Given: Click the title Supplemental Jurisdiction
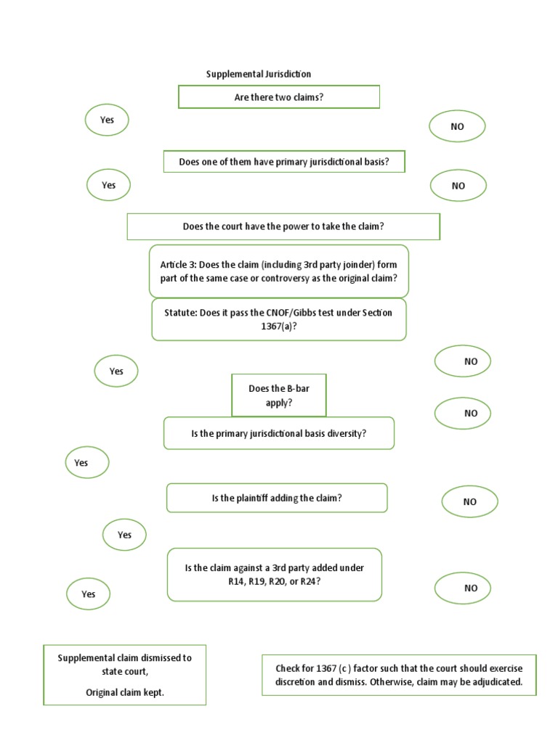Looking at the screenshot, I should [259, 74].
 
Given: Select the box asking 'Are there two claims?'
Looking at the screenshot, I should [279, 97].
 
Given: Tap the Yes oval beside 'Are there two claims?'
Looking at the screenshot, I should [107, 120].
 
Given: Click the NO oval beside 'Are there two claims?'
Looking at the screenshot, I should [457, 126].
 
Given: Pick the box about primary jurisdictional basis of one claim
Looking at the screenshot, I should [283, 162].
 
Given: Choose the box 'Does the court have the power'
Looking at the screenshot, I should [283, 226].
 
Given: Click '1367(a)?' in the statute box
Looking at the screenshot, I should [279, 326].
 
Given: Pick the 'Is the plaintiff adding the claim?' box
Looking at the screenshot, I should [277, 498].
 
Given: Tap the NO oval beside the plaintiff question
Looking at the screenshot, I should [470, 501].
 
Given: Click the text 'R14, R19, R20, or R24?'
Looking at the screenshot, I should [274, 581].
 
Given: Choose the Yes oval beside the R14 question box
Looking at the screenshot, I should [88, 594].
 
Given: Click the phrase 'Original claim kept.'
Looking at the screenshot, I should [125, 692].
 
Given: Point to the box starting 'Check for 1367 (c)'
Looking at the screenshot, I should [399, 675].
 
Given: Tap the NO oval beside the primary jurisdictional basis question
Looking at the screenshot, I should [458, 186].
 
